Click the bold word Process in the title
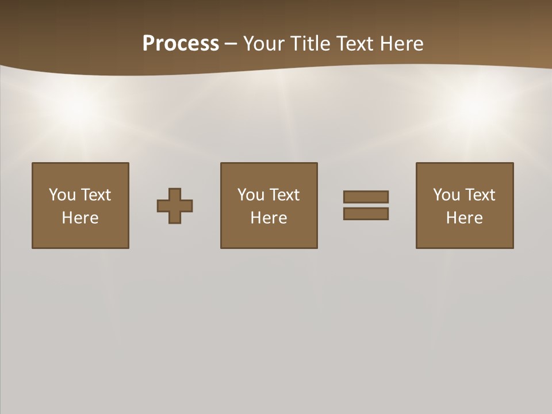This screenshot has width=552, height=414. click(181, 44)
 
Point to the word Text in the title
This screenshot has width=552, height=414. click(356, 44)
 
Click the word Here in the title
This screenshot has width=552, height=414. click(402, 44)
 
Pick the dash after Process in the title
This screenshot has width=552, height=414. click(231, 44)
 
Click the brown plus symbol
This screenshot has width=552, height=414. click(175, 206)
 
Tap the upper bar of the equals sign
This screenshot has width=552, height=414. click(366, 197)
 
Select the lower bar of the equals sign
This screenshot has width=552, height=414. click(366, 213)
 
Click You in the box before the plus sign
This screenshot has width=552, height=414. click(62, 195)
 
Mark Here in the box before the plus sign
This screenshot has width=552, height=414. click(80, 218)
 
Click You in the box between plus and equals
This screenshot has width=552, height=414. click(251, 195)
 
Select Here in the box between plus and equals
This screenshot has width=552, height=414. click(269, 218)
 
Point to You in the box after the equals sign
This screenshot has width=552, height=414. click(446, 195)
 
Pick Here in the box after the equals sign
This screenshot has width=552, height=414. click(464, 218)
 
